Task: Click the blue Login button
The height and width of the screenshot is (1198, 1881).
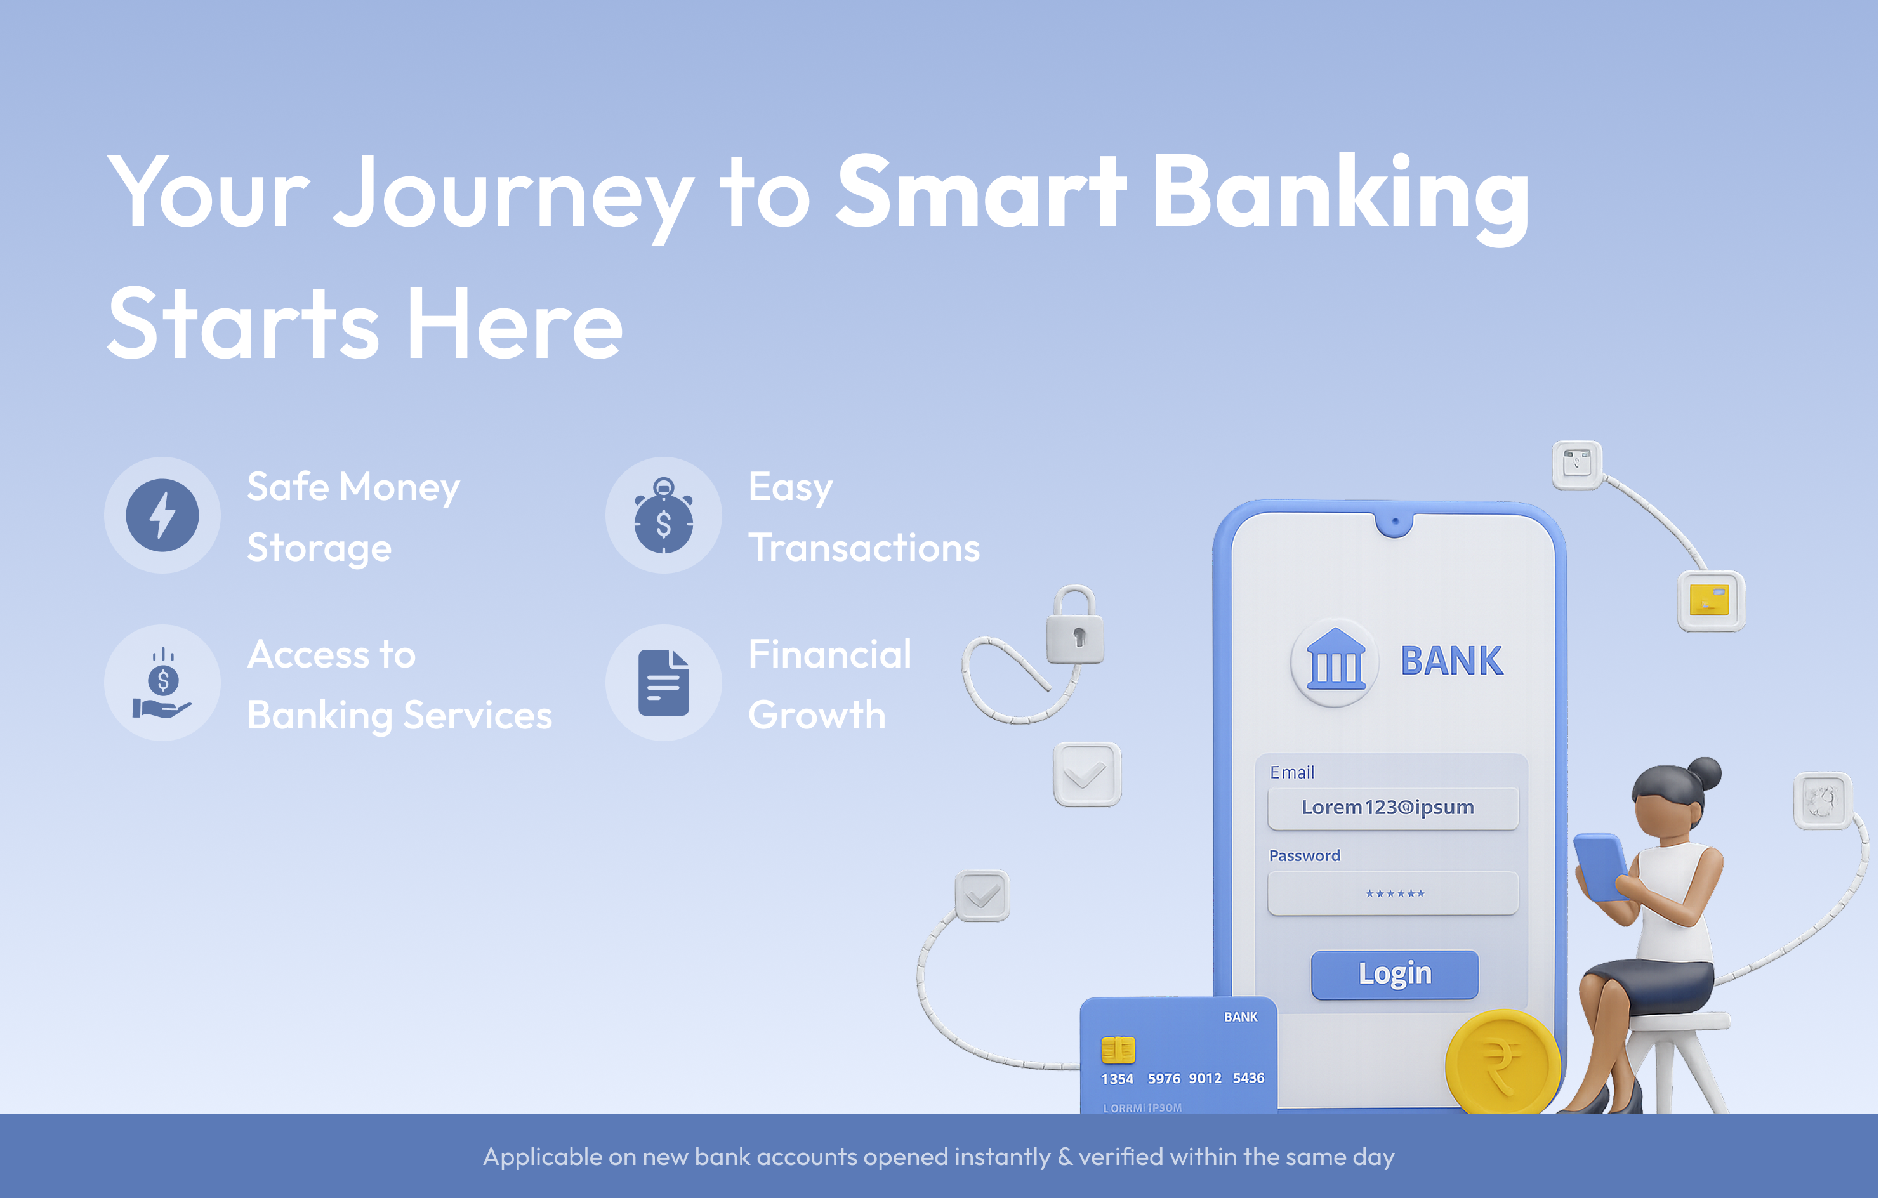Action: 1394,974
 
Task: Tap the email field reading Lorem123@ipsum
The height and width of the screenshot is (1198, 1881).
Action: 1393,808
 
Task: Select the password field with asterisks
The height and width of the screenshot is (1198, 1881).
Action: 1393,893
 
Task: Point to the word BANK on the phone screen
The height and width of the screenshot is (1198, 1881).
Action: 1451,661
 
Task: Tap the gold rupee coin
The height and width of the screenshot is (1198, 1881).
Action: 1501,1062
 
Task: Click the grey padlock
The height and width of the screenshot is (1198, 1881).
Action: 1075,626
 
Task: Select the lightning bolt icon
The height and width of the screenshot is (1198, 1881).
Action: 162,515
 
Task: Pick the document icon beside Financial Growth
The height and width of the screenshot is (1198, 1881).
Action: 664,683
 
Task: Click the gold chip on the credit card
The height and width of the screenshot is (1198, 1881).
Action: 1118,1050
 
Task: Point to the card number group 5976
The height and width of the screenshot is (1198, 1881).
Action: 1164,1079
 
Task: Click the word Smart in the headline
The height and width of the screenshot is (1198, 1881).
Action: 981,192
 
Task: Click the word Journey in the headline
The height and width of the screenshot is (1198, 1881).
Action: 514,199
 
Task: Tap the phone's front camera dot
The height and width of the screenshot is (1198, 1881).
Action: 1395,521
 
